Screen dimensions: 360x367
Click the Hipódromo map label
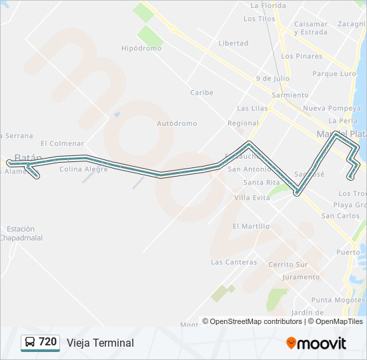tap(141, 49)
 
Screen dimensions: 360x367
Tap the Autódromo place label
tap(177, 123)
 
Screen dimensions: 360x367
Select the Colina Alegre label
tap(83, 169)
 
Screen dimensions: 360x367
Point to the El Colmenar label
tap(62, 143)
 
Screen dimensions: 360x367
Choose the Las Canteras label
tap(234, 262)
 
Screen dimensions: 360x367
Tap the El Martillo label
tap(251, 227)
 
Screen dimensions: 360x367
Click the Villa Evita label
tap(252, 198)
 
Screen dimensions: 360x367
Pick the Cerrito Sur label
tap(288, 265)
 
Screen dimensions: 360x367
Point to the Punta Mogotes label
tap(338, 300)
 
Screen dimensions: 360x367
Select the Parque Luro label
tap(334, 74)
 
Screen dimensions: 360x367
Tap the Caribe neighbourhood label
tap(201, 93)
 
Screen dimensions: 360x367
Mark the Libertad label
tap(233, 43)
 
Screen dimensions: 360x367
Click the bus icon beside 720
tap(30, 343)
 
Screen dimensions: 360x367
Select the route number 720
tap(48, 342)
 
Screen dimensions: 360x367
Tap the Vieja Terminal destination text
tap(100, 343)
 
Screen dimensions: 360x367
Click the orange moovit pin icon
tap(291, 343)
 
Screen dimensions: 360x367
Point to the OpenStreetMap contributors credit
tap(256, 321)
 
